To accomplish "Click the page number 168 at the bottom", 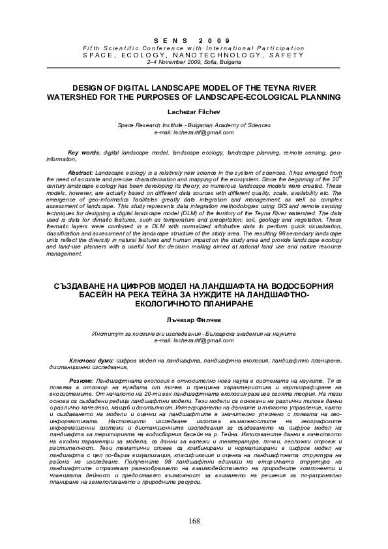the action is pyautogui.click(x=194, y=520).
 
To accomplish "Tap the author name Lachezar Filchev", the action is pyautogui.click(x=194, y=111).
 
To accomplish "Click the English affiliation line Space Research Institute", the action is pyautogui.click(x=194, y=125).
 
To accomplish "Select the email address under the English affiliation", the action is pyautogui.click(x=194, y=132).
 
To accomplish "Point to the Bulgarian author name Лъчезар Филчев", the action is pyautogui.click(x=194, y=319).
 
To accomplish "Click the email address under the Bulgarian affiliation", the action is pyautogui.click(x=194, y=340).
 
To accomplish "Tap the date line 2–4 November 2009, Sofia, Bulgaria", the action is pyautogui.click(x=194, y=63).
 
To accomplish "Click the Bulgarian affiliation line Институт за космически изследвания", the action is pyautogui.click(x=194, y=333).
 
